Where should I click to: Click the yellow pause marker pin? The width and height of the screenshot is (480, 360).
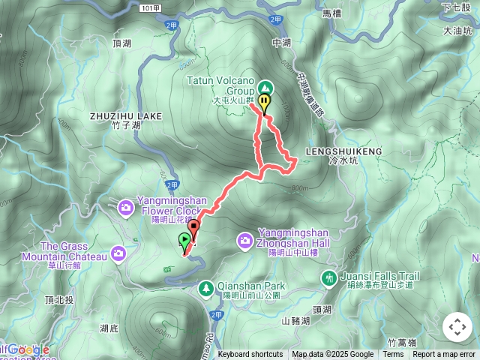tap(264, 103)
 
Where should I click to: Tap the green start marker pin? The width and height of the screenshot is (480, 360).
tap(184, 241)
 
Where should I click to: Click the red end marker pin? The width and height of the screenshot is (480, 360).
tap(193, 227)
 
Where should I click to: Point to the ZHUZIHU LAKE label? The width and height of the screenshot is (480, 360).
tap(125, 116)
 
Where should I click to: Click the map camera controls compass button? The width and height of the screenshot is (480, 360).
tap(457, 327)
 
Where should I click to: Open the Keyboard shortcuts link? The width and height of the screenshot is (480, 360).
tap(250, 355)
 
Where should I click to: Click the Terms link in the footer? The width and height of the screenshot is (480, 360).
tap(393, 355)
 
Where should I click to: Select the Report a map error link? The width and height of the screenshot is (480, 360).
tap(444, 355)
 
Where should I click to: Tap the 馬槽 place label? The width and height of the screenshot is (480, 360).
tap(331, 13)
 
